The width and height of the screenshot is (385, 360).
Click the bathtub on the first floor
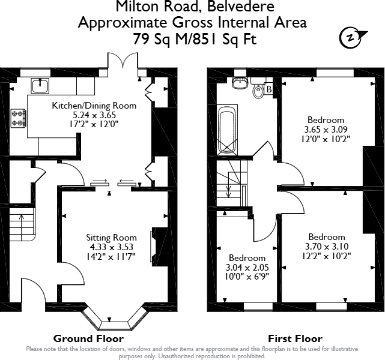(x=227, y=130)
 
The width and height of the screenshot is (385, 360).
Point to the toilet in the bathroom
(x=258, y=91)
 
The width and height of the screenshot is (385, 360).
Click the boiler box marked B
(x=268, y=89)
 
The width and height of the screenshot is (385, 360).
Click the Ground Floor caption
(x=80, y=338)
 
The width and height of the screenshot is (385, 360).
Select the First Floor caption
(x=295, y=338)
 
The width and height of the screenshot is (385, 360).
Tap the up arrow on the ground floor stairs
(x=22, y=220)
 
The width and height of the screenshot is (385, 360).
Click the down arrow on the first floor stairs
(x=228, y=190)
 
